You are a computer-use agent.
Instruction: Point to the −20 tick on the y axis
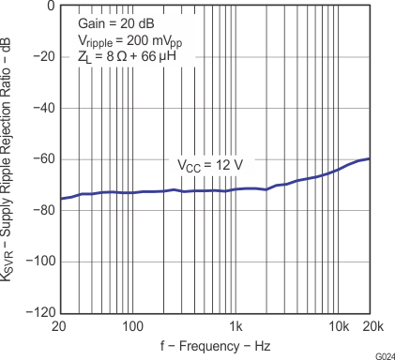click(x=42, y=57)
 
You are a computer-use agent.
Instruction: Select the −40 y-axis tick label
click(x=42, y=109)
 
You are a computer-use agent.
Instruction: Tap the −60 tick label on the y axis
click(x=42, y=159)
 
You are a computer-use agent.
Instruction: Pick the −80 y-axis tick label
click(x=42, y=211)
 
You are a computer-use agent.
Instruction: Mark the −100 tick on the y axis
click(x=39, y=262)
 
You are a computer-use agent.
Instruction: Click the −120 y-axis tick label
click(x=39, y=313)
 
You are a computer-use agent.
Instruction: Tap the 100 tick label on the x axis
click(x=132, y=325)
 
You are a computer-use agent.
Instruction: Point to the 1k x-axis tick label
click(x=236, y=325)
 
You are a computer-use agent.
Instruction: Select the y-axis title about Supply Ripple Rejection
click(x=11, y=159)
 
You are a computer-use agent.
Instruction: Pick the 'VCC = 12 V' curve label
click(x=211, y=165)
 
